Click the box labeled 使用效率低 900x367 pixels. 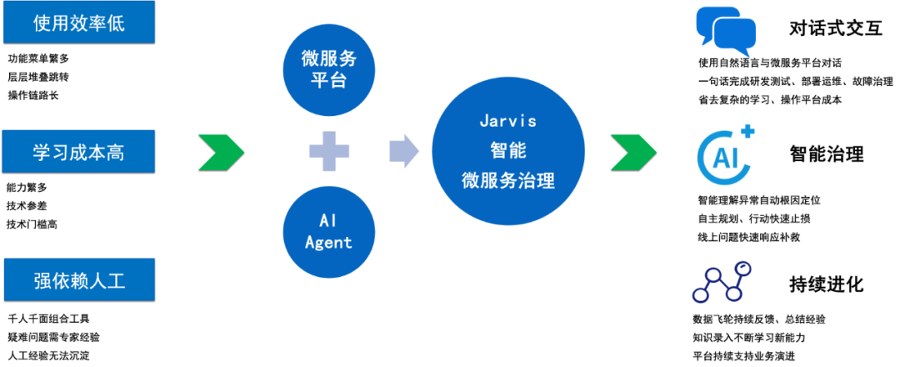[79, 23]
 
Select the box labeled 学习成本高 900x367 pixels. [79, 152]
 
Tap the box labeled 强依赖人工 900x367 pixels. [79, 279]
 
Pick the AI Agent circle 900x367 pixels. [329, 231]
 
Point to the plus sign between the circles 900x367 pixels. [329, 151]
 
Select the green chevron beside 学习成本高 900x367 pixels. [220, 152]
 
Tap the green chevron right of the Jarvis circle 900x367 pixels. [633, 152]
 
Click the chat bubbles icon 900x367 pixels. [726, 31]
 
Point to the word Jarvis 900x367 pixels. [508, 120]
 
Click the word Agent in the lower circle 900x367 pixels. [329, 243]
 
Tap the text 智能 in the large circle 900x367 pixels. [508, 150]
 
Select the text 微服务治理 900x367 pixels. [508, 180]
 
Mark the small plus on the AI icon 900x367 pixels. [747, 131]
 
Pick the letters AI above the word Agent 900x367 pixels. [327, 220]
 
